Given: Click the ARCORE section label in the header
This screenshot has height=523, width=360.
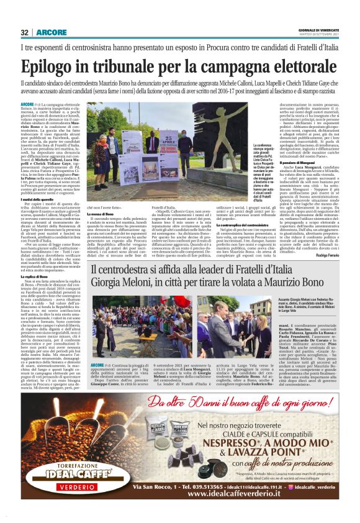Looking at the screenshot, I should tap(47, 33).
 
